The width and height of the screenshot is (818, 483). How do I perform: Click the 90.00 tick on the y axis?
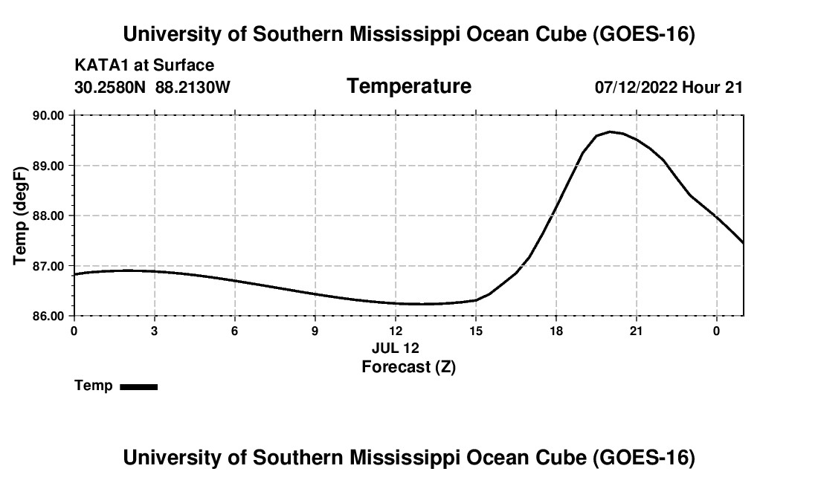coord(48,115)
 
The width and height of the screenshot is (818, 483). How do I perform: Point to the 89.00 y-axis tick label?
coord(48,166)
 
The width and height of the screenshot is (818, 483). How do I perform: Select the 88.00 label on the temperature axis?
coord(48,215)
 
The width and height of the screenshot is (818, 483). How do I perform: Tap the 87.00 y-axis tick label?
coord(48,266)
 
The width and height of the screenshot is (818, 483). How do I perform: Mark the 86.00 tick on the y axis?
coord(48,317)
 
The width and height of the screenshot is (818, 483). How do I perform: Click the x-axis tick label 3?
coord(155,331)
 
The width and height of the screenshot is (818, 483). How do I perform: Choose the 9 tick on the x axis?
coord(315,331)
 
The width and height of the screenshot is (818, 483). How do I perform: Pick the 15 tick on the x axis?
coord(476,331)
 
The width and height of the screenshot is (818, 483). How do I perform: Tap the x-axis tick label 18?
coord(556,331)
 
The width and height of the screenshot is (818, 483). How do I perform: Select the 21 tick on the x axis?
coord(636,331)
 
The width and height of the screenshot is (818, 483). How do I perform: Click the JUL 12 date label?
coord(396,348)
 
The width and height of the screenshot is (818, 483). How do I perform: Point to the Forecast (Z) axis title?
coord(408,367)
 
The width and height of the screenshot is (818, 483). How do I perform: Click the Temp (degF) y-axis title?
coord(20,215)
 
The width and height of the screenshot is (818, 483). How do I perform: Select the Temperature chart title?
coord(409,86)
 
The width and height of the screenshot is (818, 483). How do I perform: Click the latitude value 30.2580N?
coord(109,87)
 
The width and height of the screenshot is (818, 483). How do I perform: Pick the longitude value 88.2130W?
coord(193,87)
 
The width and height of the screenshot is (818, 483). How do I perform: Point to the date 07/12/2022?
coord(636,87)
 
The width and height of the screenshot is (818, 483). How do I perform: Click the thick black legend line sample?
coord(139,386)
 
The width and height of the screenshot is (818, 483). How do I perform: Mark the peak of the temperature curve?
coord(610,132)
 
